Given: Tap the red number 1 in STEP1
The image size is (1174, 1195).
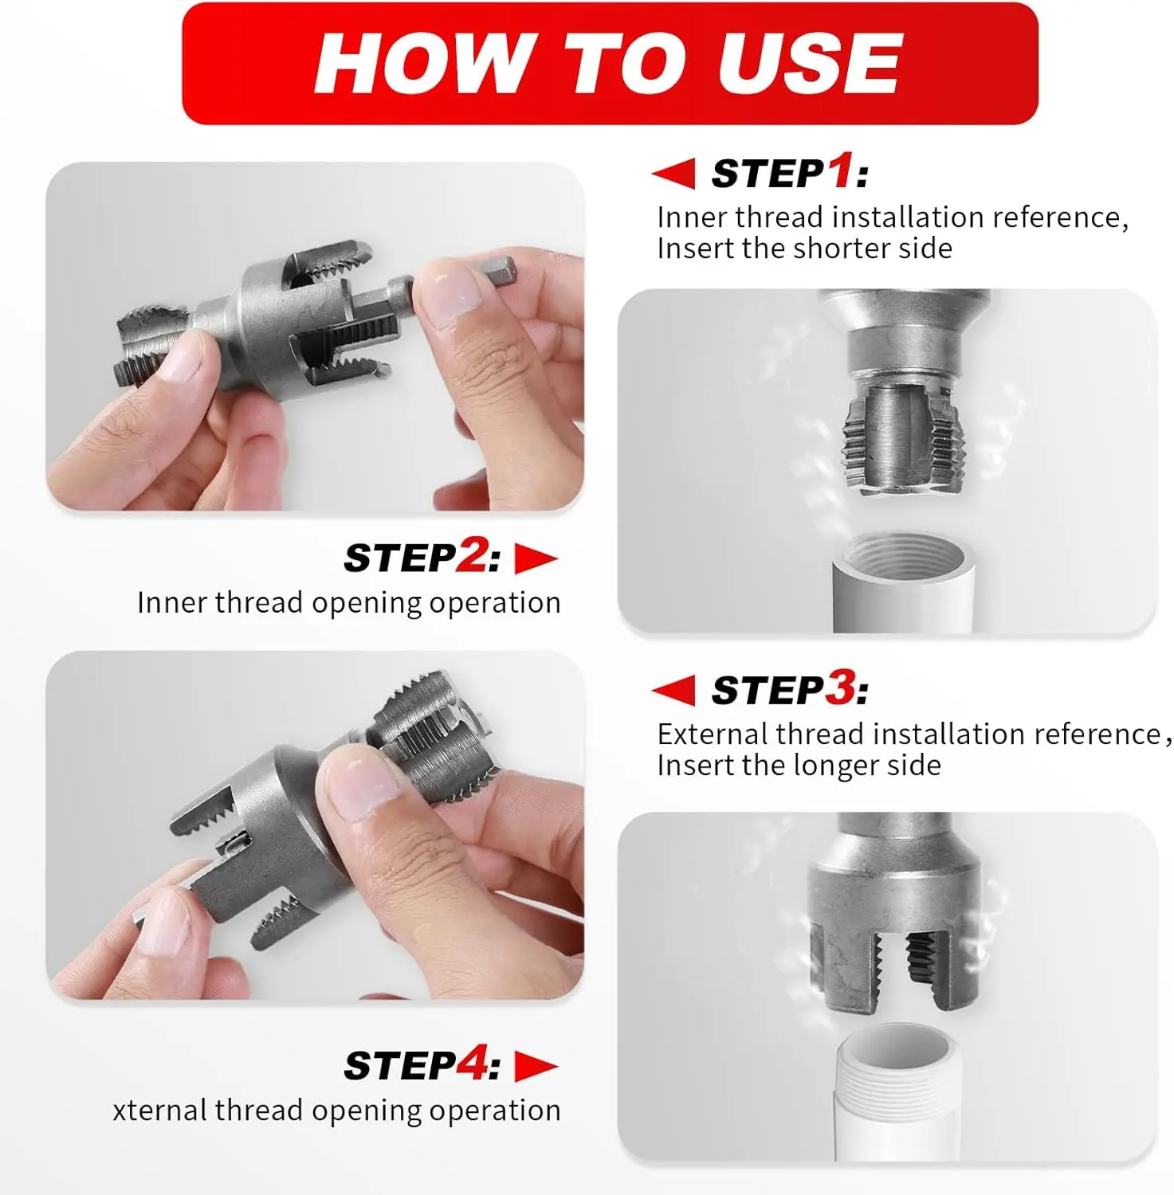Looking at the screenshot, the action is [x=840, y=171].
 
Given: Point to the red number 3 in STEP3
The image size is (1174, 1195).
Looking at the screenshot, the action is [x=840, y=688].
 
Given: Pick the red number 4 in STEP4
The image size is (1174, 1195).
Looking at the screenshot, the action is [x=471, y=1064].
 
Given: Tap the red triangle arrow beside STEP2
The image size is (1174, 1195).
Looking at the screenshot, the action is [x=536, y=558].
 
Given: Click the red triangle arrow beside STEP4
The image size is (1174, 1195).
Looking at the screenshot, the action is [x=536, y=1067].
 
